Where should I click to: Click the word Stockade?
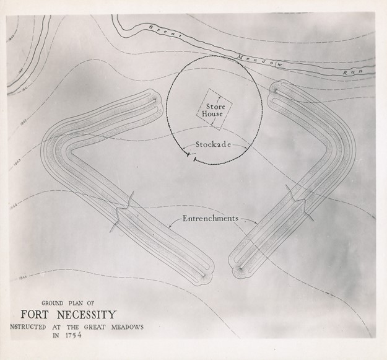coord(214,146)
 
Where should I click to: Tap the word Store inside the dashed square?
coord(215,106)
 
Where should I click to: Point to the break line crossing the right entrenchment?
coord(298,201)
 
